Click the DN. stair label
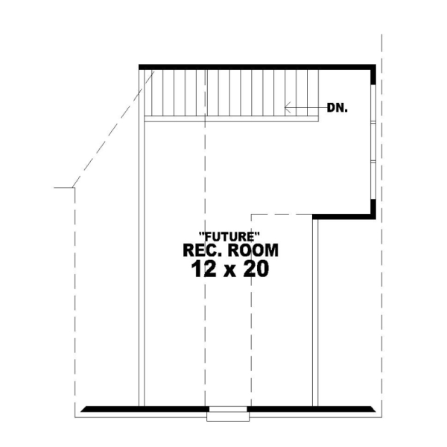click(338, 107)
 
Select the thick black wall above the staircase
click(253, 67)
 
